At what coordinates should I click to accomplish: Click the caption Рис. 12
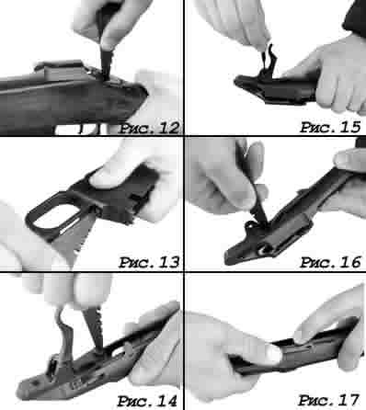click(x=149, y=128)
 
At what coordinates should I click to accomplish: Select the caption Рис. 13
click(x=149, y=262)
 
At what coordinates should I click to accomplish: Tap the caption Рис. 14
click(x=147, y=401)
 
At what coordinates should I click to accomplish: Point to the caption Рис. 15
click(x=330, y=127)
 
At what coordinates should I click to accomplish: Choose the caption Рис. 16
click(x=330, y=262)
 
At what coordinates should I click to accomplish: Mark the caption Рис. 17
click(x=328, y=400)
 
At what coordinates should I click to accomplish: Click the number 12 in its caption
click(x=169, y=128)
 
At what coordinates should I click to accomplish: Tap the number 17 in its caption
click(x=349, y=400)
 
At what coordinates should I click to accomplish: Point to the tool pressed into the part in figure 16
click(x=257, y=211)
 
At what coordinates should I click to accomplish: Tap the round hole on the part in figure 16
click(x=262, y=250)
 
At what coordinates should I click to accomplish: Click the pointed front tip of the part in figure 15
click(x=236, y=81)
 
